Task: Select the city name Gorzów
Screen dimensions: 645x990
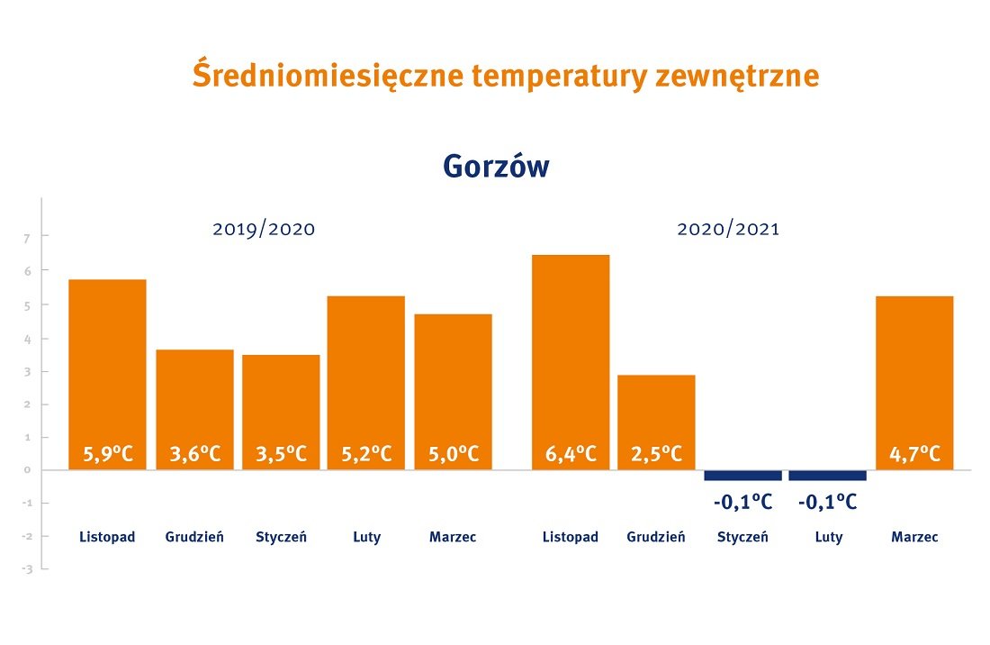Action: (496, 166)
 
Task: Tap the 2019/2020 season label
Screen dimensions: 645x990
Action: (264, 229)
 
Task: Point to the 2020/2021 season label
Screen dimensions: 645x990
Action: (728, 229)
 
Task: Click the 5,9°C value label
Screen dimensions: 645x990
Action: (108, 453)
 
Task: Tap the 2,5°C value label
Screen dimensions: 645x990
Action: (656, 453)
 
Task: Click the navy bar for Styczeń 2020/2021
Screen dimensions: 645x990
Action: (742, 475)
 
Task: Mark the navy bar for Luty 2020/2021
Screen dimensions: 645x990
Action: (827, 475)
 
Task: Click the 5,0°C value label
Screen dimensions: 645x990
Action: (453, 453)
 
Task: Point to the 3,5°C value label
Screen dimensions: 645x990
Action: (281, 453)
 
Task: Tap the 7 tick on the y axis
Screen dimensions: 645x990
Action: (27, 238)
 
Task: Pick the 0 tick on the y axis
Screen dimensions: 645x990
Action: (27, 469)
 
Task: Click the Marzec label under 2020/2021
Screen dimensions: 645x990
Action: (914, 537)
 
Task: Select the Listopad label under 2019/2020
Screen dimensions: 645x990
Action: (107, 537)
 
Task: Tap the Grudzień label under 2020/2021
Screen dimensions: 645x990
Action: (656, 537)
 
